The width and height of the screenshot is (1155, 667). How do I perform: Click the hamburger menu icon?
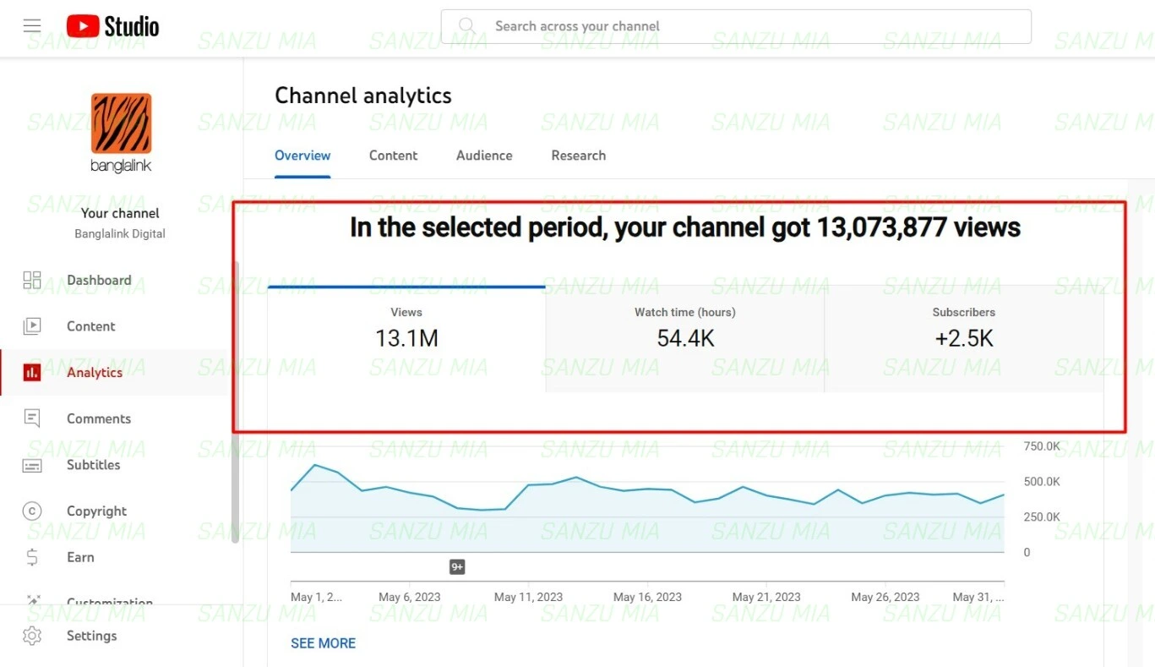32,25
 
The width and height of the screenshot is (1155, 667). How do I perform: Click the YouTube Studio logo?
112,26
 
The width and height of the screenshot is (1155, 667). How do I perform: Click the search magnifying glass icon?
467,26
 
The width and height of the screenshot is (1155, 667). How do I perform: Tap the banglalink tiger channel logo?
121,123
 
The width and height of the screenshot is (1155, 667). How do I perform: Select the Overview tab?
302,156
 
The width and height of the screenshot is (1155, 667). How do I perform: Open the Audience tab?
484,156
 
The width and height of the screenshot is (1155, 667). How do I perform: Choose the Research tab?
578,156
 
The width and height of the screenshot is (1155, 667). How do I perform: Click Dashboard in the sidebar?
99,281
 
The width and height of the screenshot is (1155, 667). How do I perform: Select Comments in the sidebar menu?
99,418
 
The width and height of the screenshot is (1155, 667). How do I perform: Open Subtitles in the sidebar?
93,465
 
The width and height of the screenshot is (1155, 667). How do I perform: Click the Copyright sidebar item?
96,511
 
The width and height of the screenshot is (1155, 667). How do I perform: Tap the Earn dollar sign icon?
32,557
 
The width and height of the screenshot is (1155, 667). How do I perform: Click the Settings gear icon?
32,636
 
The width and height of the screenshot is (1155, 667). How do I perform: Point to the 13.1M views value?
406,339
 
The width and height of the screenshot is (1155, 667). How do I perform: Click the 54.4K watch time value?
685,339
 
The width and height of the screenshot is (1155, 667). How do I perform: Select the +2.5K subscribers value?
964,339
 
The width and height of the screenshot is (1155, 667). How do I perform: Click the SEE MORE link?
323,643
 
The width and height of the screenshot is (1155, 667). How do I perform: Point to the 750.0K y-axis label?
1042,446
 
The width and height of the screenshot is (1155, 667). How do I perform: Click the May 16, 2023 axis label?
647,597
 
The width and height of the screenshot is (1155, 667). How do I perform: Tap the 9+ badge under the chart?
457,567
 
